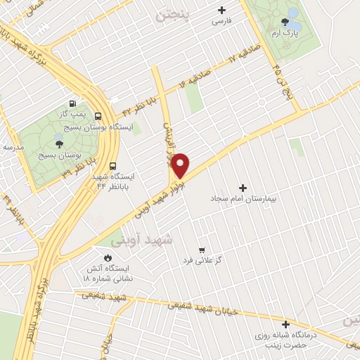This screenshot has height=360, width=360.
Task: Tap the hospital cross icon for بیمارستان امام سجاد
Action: (243, 188)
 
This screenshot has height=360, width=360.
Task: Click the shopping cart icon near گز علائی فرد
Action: (202, 250)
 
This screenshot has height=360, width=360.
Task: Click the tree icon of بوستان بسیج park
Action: (58, 143)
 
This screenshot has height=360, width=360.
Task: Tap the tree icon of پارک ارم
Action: (285, 22)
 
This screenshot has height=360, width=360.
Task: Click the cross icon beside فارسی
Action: (221, 10)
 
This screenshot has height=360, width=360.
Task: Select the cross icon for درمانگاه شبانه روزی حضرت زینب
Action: (285, 324)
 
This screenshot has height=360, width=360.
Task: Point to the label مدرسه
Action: (12, 147)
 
